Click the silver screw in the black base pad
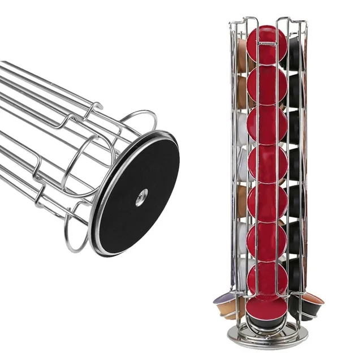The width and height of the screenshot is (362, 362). point(141,197)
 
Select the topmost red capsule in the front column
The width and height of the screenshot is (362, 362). point(267,45)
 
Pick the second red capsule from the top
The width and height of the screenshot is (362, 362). point(267,85)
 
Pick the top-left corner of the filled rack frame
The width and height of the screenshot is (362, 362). point(231,23)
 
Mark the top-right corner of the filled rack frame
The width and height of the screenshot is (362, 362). point(305,23)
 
